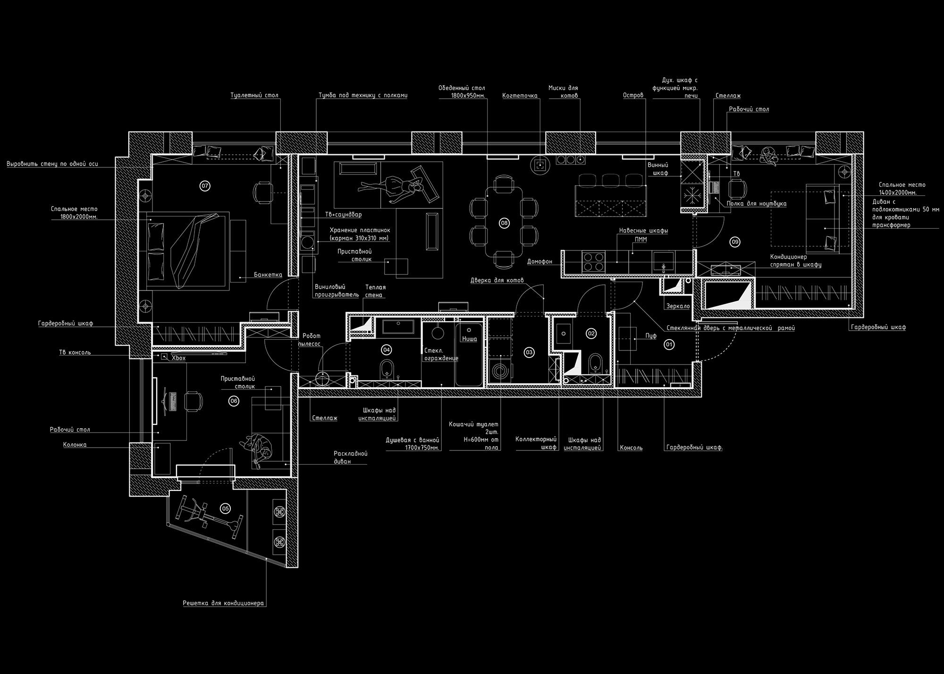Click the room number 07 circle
[205, 186]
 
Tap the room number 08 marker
[504, 223]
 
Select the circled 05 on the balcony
[225, 508]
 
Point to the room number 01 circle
[669, 345]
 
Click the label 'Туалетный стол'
[254, 95]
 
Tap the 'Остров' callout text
[633, 95]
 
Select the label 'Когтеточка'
[520, 96]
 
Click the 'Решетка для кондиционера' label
[223, 603]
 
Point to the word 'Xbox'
[178, 358]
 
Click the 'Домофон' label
[539, 261]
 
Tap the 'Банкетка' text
[268, 275]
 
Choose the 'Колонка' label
[75, 445]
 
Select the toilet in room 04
[387, 370]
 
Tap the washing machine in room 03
[499, 371]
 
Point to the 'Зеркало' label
[678, 306]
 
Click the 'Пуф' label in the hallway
[651, 336]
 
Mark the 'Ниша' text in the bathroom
[469, 339]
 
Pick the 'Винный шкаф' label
[657, 169]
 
